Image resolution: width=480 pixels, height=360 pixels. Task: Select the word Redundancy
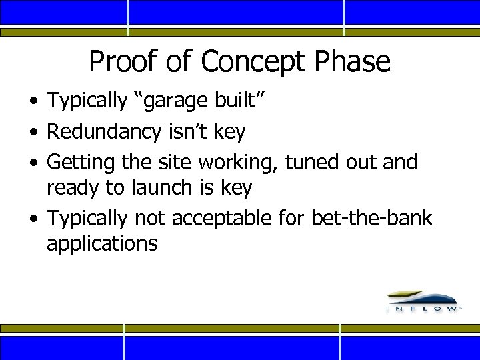[103, 132]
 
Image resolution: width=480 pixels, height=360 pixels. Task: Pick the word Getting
[79, 162]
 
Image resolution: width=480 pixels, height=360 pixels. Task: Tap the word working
[243, 162]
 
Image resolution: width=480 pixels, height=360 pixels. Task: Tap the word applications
[102, 244]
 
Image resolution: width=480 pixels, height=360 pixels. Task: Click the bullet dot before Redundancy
[33, 133]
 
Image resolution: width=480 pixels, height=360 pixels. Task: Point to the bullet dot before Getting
[33, 163]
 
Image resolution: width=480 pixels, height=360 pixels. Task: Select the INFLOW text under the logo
[423, 309]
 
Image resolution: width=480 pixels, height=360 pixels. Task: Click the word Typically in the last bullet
[87, 218]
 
